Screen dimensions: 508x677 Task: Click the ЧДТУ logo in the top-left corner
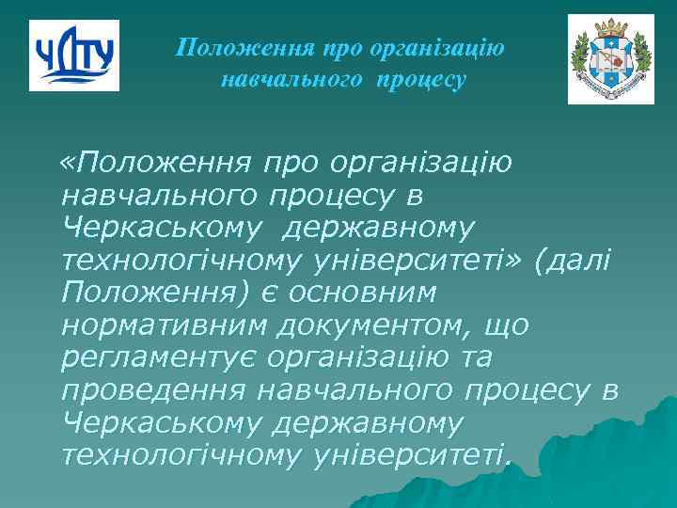[x=73, y=56]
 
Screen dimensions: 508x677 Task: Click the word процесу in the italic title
[x=421, y=80]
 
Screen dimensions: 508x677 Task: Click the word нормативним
[x=165, y=325]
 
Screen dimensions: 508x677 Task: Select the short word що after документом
[x=504, y=325]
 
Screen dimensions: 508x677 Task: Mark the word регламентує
[x=159, y=358]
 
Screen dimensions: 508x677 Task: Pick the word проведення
[x=150, y=390]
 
